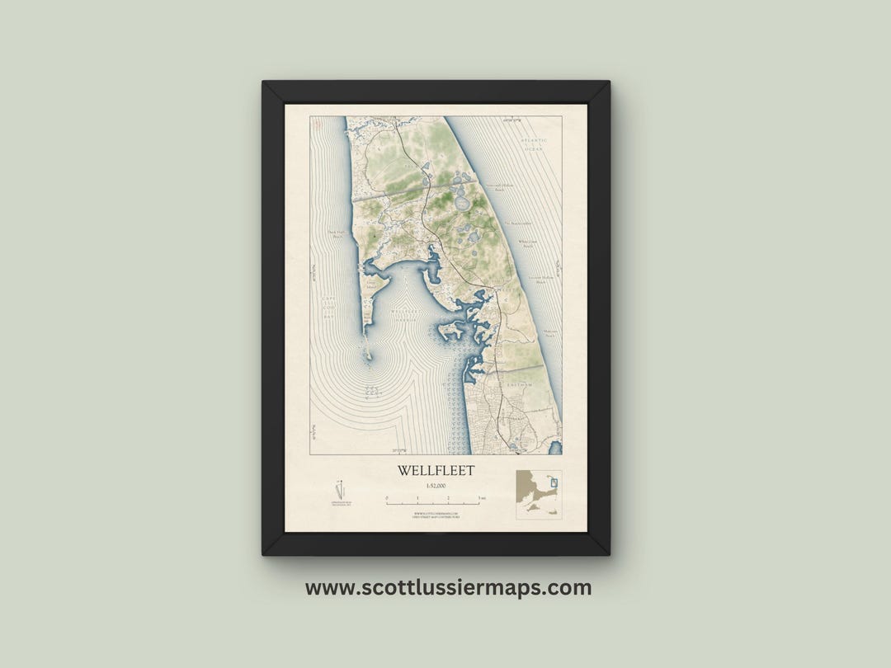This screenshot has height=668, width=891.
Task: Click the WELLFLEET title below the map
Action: (x=436, y=471)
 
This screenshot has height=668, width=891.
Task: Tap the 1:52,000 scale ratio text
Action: (x=436, y=487)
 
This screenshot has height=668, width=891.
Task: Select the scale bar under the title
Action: (x=433, y=500)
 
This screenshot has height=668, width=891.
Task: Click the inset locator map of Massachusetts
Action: (x=539, y=494)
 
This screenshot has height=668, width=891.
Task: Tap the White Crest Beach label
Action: (x=527, y=245)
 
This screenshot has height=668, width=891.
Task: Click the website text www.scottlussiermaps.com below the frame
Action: (x=448, y=588)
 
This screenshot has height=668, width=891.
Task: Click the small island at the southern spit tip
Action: (x=370, y=356)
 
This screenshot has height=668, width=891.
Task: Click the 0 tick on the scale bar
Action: (x=387, y=500)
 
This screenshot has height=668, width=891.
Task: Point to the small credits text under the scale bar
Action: (x=435, y=515)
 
